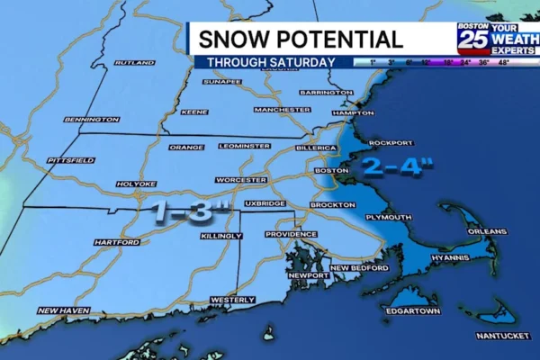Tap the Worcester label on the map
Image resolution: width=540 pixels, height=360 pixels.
[x=242, y=180]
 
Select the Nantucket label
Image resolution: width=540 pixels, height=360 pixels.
[x=502, y=336]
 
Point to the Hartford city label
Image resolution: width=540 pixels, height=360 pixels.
[x=116, y=242]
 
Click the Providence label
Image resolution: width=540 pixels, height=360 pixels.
[x=291, y=234]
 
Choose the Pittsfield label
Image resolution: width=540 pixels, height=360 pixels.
[x=71, y=160]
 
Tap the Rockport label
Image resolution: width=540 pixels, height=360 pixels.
[x=391, y=143]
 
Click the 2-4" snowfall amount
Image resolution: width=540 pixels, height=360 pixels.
[x=398, y=168]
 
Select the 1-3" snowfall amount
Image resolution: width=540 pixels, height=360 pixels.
[x=191, y=212]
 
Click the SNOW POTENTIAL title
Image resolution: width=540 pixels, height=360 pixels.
[x=300, y=40]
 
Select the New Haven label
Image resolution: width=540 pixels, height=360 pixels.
[x=63, y=310]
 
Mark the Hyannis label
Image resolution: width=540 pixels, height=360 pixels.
[x=450, y=258]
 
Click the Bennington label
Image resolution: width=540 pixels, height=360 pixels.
[x=91, y=119]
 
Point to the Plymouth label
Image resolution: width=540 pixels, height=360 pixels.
[x=389, y=217]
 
